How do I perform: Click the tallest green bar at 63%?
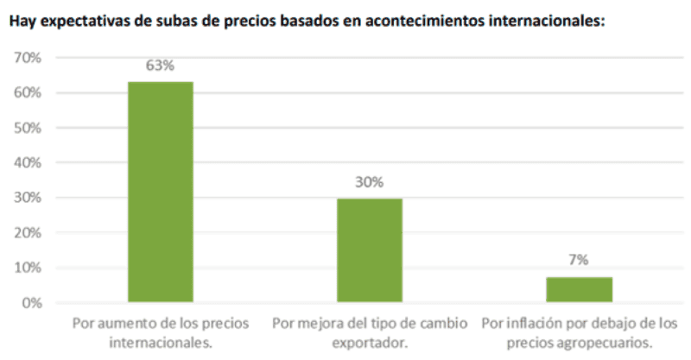[x=161, y=192]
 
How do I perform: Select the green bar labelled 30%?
[x=370, y=250]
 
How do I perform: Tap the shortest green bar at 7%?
[x=579, y=290]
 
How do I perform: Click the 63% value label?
[x=161, y=66]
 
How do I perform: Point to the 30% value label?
[x=370, y=183]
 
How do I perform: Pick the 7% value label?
[x=579, y=261]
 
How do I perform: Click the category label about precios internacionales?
[x=161, y=332]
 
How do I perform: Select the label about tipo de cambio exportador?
[x=370, y=332]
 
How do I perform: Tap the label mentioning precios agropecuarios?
[x=579, y=332]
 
